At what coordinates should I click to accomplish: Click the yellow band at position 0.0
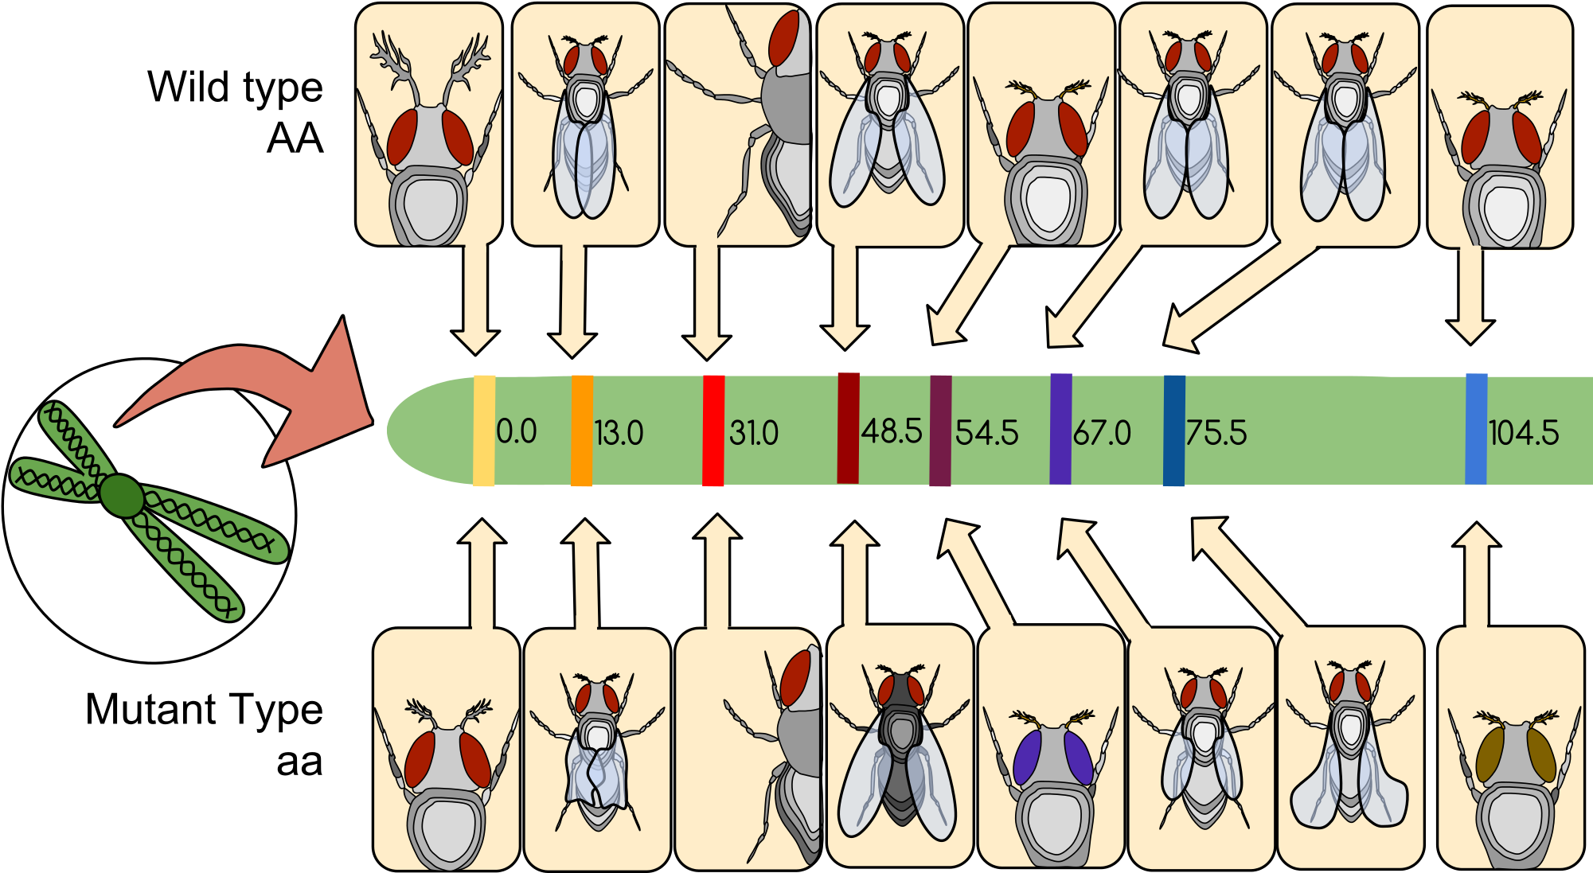tap(484, 431)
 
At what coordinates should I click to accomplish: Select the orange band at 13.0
tap(582, 431)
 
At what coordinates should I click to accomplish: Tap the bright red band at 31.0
tap(713, 431)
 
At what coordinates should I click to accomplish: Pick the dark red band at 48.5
tap(849, 428)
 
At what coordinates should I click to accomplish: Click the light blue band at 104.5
tap(1476, 429)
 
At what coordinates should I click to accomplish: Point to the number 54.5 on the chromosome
tap(986, 433)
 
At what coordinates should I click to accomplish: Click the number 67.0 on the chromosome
tap(1102, 433)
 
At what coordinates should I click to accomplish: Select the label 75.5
tap(1216, 433)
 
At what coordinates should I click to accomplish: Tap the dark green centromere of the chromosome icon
tap(122, 496)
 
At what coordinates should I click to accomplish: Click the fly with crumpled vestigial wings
tap(597, 752)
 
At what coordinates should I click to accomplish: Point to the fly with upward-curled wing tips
tap(1349, 752)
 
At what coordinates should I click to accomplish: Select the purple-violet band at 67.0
tap(1060, 429)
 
